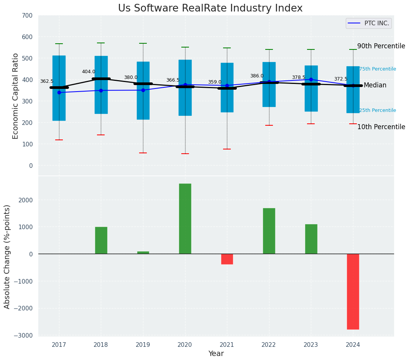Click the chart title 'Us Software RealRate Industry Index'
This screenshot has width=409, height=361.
[x=210, y=8]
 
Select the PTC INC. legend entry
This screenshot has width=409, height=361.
[x=368, y=23]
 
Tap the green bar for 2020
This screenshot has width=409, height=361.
[x=185, y=218]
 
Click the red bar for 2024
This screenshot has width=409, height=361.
[x=353, y=291]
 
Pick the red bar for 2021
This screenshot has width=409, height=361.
[x=227, y=259]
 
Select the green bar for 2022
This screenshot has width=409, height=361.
[x=269, y=231]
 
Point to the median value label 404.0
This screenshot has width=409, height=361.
[x=89, y=72]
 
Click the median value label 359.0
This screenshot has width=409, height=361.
[x=215, y=82]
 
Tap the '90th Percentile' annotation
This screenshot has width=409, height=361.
[x=381, y=46]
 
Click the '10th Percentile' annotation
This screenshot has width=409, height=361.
[x=381, y=127]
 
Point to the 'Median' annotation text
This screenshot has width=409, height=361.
[x=375, y=85]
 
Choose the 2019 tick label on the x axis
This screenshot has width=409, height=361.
[x=143, y=345]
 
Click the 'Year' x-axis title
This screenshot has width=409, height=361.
[x=216, y=354]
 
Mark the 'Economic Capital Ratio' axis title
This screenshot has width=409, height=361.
[x=16, y=96]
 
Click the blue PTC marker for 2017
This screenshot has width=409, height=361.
[x=59, y=92]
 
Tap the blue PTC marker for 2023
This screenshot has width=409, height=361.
[x=311, y=79]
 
